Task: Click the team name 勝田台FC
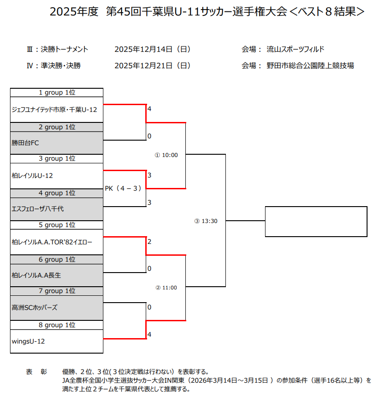(26, 143)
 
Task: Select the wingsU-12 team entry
(28, 341)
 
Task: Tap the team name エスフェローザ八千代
(38, 209)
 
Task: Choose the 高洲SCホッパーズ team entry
(35, 308)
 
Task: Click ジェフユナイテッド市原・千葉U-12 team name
(54, 109)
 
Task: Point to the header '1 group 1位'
(57, 92)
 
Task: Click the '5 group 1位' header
(57, 225)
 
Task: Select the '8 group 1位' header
(57, 325)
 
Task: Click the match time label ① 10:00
(166, 155)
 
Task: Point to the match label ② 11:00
(166, 288)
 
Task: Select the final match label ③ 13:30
(206, 221)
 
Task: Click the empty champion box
(316, 222)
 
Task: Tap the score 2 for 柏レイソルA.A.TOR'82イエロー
(149, 241)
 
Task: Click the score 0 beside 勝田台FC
(149, 136)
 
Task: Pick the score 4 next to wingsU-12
(149, 334)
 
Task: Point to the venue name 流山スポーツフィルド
(295, 49)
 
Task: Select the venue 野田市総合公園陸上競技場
(310, 66)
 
